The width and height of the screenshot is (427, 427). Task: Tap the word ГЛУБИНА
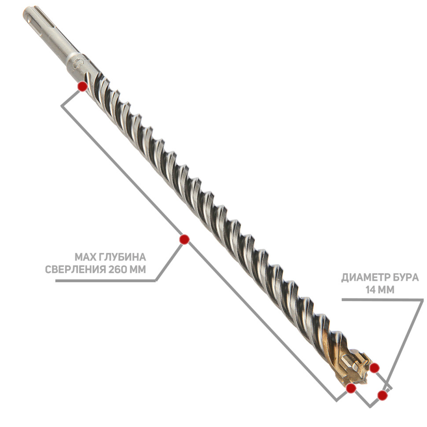pyautogui.click(x=122, y=257)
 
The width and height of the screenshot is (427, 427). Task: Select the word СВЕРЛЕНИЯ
pyautogui.click(x=75, y=269)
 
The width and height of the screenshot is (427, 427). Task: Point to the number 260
pyautogui.click(x=118, y=269)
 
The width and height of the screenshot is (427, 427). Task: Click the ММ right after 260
pyautogui.click(x=137, y=269)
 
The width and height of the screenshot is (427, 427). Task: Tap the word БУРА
pyautogui.click(x=406, y=277)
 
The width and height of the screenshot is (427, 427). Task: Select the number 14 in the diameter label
pyautogui.click(x=371, y=290)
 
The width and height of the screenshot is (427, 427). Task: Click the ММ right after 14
pyautogui.click(x=387, y=290)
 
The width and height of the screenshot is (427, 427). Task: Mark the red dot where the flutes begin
pyautogui.click(x=82, y=86)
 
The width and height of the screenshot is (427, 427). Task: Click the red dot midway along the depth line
pyautogui.click(x=184, y=239)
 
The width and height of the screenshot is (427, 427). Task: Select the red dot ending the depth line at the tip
pyautogui.click(x=351, y=388)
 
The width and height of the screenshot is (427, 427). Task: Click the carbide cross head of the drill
pyautogui.click(x=354, y=366)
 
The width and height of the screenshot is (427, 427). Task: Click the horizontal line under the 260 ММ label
pyautogui.click(x=105, y=281)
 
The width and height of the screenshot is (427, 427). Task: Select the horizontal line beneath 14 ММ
pyautogui.click(x=383, y=299)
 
